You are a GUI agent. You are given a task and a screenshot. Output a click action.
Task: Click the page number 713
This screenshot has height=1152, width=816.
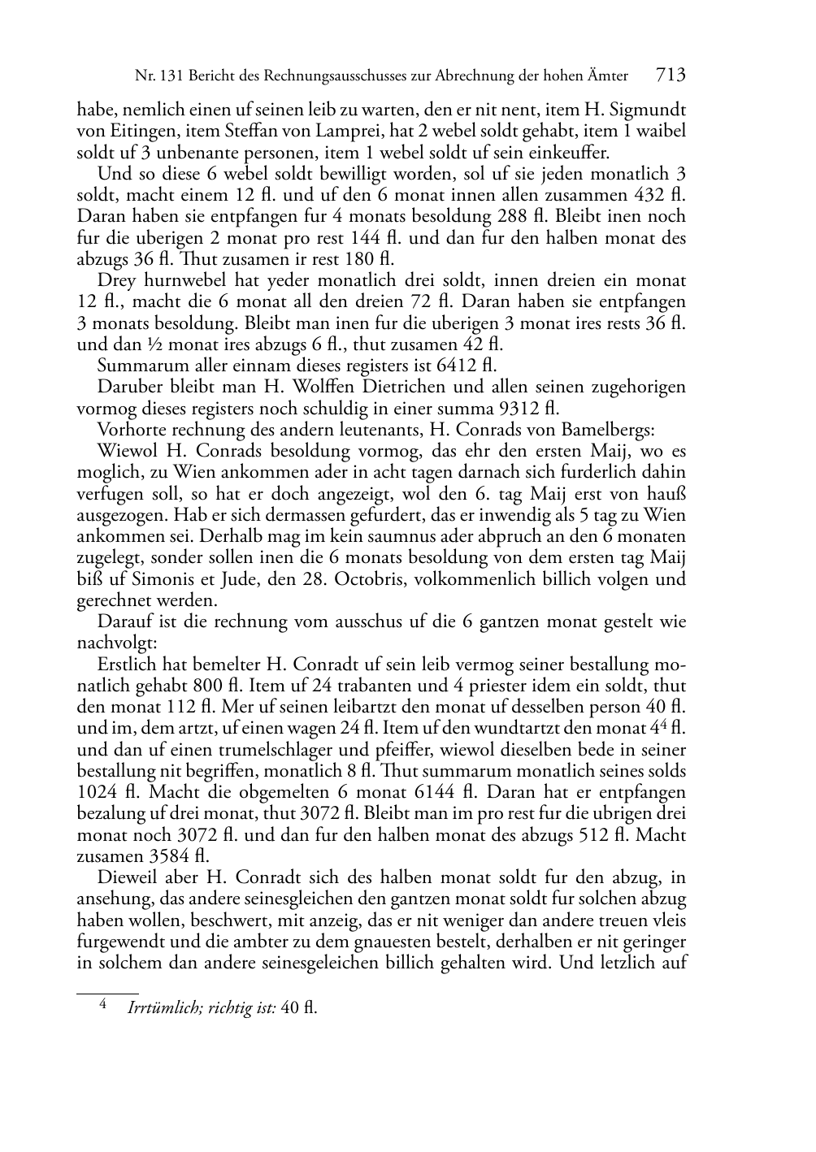[x=671, y=76]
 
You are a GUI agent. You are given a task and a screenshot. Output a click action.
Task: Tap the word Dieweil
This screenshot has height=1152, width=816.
[x=127, y=878]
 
